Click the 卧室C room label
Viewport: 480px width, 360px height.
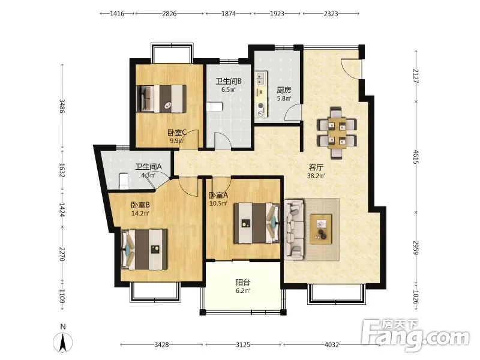point(177,133)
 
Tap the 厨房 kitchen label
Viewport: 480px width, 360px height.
point(284,90)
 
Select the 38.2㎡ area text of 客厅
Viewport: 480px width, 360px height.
point(316,176)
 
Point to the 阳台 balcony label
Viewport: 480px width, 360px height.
point(243,282)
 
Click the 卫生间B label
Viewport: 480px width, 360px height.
point(229,81)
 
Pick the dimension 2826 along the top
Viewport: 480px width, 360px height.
point(169,13)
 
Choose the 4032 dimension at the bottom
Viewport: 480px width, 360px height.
point(332,344)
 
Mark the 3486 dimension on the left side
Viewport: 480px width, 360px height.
point(62,106)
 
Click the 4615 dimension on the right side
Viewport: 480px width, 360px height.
point(416,157)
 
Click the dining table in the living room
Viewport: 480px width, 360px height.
point(337,133)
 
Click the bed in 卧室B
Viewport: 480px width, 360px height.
point(145,250)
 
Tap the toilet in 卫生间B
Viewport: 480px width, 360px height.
point(215,107)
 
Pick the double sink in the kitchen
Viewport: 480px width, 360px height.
point(261,79)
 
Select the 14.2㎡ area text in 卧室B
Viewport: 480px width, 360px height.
point(140,214)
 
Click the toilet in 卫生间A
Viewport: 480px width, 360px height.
point(124,181)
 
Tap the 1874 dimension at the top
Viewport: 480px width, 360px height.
point(229,13)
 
